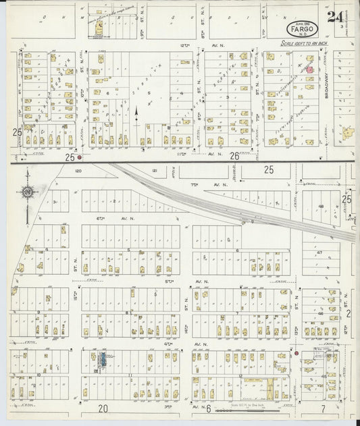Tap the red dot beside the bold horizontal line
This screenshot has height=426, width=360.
tap(80, 158)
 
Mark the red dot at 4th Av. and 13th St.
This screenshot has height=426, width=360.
tap(296, 352)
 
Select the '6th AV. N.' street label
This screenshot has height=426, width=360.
tap(108, 218)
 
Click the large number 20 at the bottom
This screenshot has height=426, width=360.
tap(103, 408)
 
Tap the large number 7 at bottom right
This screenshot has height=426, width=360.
tap(324, 408)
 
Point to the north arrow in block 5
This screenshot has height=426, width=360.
tap(136, 113)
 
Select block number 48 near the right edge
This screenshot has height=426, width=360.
tap(322, 207)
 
